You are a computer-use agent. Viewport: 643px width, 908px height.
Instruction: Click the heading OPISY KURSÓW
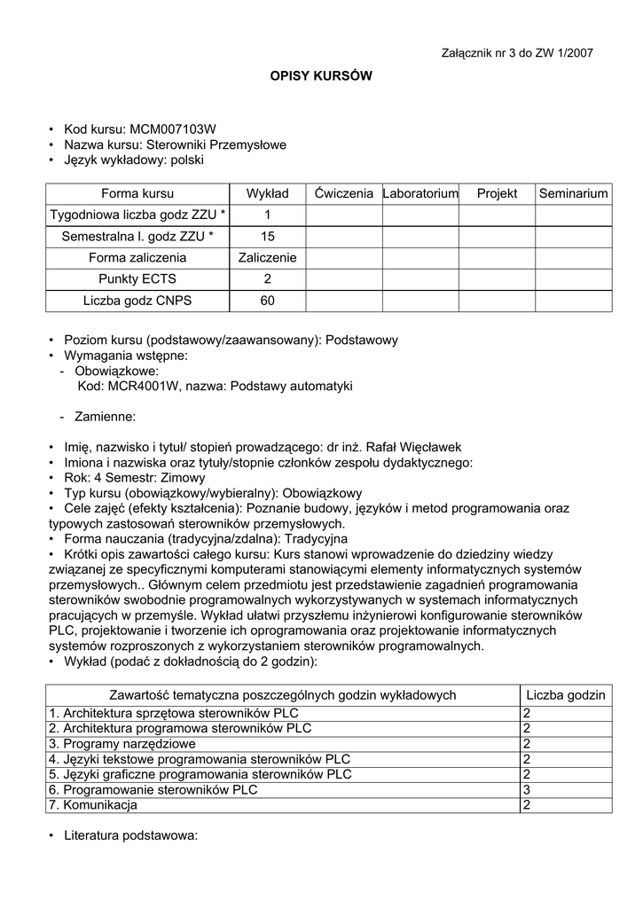pyautogui.click(x=321, y=77)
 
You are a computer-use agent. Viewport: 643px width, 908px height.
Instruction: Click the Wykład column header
pyautogui.click(x=267, y=193)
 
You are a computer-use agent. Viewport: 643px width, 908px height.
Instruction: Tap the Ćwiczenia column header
pyautogui.click(x=343, y=193)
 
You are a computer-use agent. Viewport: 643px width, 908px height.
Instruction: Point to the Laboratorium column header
pyautogui.click(x=420, y=193)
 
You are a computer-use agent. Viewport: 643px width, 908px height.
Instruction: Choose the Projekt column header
pyautogui.click(x=497, y=193)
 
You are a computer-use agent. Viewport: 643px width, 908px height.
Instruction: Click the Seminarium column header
pyautogui.click(x=574, y=193)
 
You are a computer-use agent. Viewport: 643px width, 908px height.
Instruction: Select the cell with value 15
pyautogui.click(x=267, y=237)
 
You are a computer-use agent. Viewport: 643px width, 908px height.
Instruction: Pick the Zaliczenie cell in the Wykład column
pyautogui.click(x=267, y=258)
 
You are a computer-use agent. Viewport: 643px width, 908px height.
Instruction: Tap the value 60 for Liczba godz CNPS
pyautogui.click(x=267, y=301)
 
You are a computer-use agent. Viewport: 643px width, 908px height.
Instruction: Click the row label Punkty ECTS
pyautogui.click(x=137, y=279)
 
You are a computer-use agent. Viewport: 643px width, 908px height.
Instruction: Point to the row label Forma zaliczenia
pyautogui.click(x=137, y=258)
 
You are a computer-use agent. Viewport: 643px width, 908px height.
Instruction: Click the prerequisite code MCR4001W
pyautogui.click(x=142, y=387)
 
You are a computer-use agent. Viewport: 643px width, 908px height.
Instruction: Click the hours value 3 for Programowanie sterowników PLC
pyautogui.click(x=527, y=790)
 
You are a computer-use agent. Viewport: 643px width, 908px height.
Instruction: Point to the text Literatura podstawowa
pyautogui.click(x=129, y=835)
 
